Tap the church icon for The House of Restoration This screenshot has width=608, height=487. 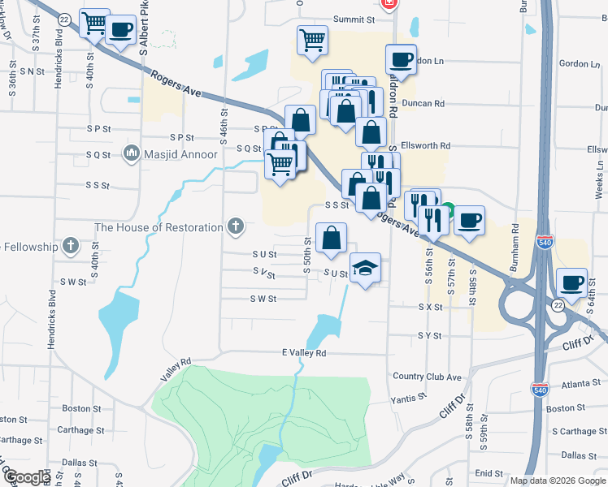pos(236,226)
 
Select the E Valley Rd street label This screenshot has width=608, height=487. pos(303,353)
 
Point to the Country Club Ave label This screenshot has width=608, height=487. pos(427,377)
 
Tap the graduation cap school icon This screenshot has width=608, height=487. pos(366,267)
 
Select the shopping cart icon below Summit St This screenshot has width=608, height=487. pos(312,39)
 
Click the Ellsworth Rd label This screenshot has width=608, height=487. pos(426,145)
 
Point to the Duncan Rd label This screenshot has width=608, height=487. pos(428,103)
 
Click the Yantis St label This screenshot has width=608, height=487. pos(409,398)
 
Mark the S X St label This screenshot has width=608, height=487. pos(430,308)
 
